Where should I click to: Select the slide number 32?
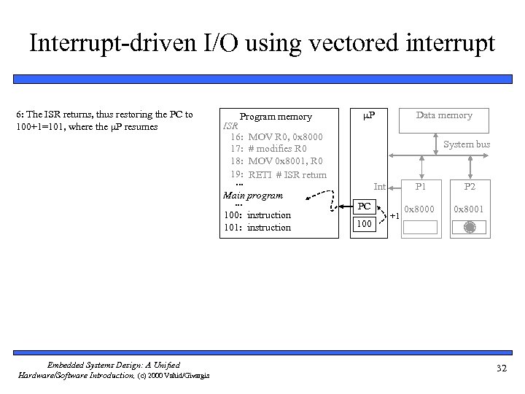click(501, 368)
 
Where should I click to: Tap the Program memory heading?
click(276, 117)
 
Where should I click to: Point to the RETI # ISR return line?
click(287, 174)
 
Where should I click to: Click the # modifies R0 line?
click(278, 149)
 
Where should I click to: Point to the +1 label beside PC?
click(394, 217)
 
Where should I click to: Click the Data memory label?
click(444, 115)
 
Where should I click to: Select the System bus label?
click(467, 144)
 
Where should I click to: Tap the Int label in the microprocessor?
click(379, 187)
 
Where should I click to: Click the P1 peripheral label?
click(420, 187)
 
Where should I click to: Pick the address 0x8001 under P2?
click(469, 209)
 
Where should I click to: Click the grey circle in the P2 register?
click(469, 228)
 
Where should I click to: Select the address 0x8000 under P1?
click(420, 209)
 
